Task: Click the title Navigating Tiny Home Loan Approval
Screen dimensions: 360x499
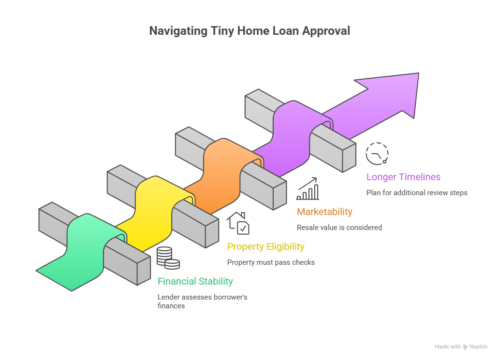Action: [x=249, y=31]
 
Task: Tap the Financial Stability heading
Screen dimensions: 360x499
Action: [x=195, y=281]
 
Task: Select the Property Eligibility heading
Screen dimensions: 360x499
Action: [x=266, y=247]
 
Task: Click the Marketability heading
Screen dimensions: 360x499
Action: [x=324, y=212]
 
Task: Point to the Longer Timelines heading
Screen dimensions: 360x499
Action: [x=403, y=177]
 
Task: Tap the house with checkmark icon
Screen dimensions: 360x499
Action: [x=238, y=223]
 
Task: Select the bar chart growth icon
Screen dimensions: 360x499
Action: [x=308, y=188]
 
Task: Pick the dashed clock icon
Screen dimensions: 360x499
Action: [x=377, y=153]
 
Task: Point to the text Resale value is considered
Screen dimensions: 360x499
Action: [x=339, y=227]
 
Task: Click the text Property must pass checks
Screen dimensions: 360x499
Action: [x=271, y=262]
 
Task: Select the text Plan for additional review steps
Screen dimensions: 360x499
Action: [x=417, y=192]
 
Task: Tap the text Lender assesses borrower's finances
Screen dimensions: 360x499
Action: [x=202, y=301]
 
